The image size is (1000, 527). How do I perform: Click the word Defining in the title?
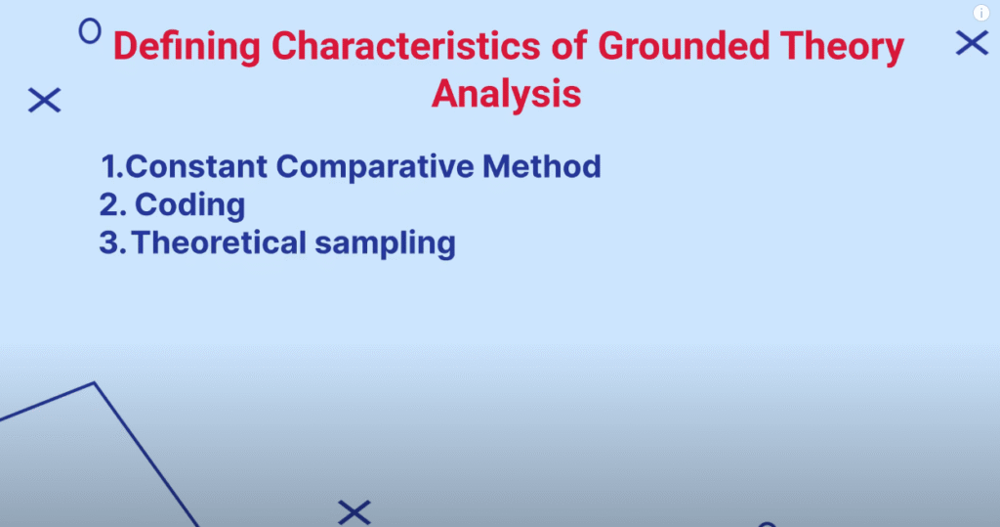pyautogui.click(x=187, y=47)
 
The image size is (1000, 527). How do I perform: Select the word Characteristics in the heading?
pyautogui.click(x=405, y=46)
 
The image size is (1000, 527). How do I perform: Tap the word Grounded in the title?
pyautogui.click(x=684, y=46)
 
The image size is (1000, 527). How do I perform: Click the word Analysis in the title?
pyautogui.click(x=507, y=95)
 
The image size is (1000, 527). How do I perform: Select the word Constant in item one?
pyautogui.click(x=196, y=167)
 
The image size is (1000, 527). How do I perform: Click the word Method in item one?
pyautogui.click(x=541, y=167)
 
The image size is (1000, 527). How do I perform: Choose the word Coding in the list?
pyautogui.click(x=189, y=205)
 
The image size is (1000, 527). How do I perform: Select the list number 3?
pyautogui.click(x=112, y=242)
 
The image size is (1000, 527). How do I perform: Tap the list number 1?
pyautogui.click(x=112, y=167)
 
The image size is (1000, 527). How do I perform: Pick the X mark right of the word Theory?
pyautogui.click(x=972, y=43)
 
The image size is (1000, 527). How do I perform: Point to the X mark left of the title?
pyautogui.click(x=45, y=101)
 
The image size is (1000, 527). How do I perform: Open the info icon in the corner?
pyautogui.click(x=980, y=13)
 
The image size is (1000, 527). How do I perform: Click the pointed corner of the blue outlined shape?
pyautogui.click(x=95, y=383)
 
